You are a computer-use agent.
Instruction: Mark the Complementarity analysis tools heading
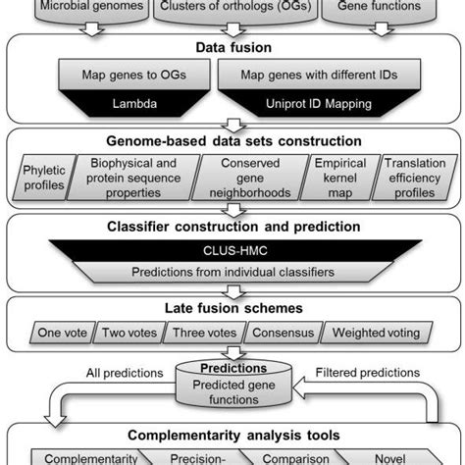(232, 434)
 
